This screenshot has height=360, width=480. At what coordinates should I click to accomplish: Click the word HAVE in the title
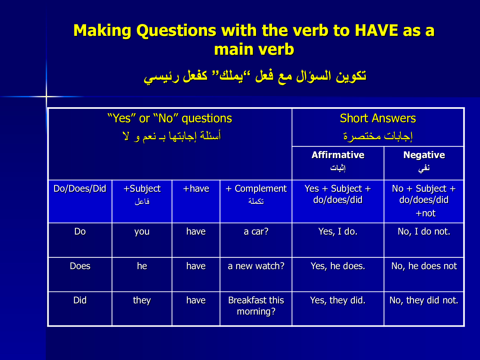[x=376, y=31]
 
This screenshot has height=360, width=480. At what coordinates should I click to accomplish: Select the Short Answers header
[x=378, y=118]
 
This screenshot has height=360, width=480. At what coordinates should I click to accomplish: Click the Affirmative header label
[x=338, y=155]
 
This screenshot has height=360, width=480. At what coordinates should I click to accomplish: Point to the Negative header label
[x=424, y=155]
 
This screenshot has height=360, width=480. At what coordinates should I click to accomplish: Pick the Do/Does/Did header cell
[x=80, y=189]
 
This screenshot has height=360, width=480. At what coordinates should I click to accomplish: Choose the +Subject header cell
[x=142, y=189]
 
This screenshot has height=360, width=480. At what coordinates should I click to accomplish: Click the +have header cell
[x=196, y=189]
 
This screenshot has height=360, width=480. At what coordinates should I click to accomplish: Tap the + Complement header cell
[x=256, y=189]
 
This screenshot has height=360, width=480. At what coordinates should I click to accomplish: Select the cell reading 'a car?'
[x=256, y=231]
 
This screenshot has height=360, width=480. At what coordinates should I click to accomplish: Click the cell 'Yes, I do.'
[x=338, y=231]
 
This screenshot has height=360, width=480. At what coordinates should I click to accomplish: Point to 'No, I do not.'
[x=424, y=231]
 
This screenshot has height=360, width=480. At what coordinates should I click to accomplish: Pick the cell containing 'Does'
[x=80, y=266]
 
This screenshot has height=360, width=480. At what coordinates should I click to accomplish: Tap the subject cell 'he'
[x=142, y=266]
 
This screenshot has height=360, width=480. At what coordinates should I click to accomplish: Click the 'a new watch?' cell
[x=256, y=266]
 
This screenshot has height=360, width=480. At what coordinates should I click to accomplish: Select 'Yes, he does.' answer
[x=338, y=266]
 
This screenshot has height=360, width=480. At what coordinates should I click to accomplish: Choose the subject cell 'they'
[x=142, y=300]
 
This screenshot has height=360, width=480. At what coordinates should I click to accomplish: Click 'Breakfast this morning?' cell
[x=256, y=306]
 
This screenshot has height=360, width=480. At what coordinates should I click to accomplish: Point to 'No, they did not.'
[x=424, y=300]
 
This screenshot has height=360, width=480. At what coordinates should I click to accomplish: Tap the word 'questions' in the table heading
[x=207, y=119]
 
